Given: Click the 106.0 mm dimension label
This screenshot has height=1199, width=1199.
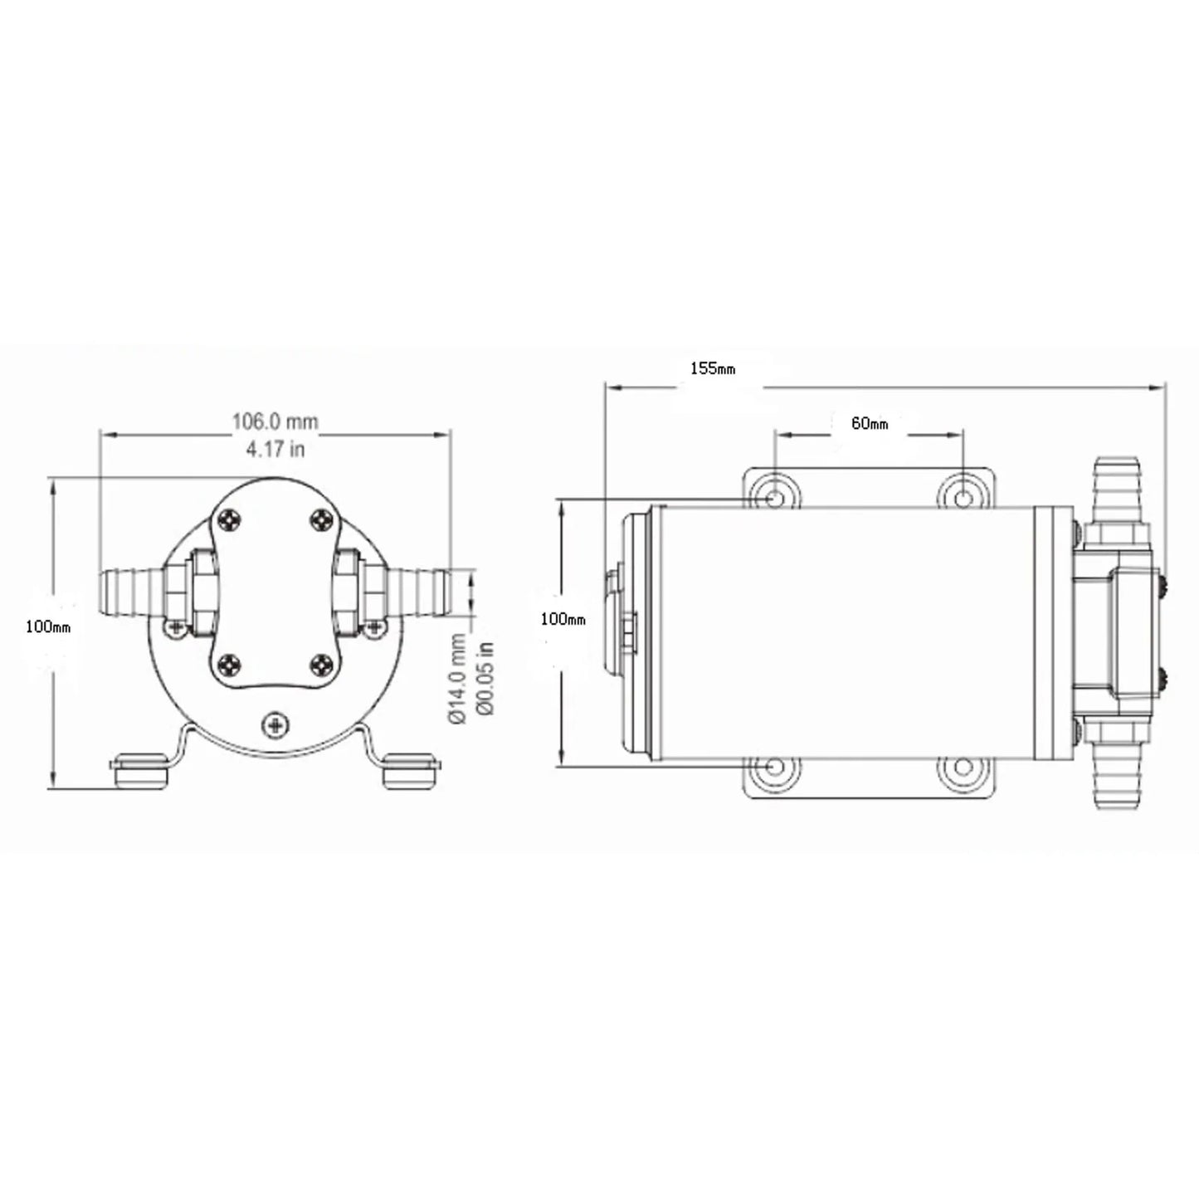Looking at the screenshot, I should point(275,422).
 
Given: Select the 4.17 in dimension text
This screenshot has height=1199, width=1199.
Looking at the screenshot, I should point(275,449).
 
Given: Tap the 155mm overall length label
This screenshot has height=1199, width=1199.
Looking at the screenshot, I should point(712,368).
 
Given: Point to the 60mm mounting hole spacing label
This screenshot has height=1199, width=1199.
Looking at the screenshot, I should point(869,423).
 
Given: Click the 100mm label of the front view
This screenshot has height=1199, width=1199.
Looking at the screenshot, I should point(48,627).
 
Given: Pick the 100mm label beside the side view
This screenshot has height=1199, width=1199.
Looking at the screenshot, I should point(563,619).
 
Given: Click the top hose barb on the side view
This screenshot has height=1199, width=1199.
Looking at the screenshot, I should point(1117,490).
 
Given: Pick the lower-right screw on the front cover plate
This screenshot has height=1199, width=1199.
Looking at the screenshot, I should point(323,664).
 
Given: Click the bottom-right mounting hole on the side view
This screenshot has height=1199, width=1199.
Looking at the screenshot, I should point(963,768).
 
